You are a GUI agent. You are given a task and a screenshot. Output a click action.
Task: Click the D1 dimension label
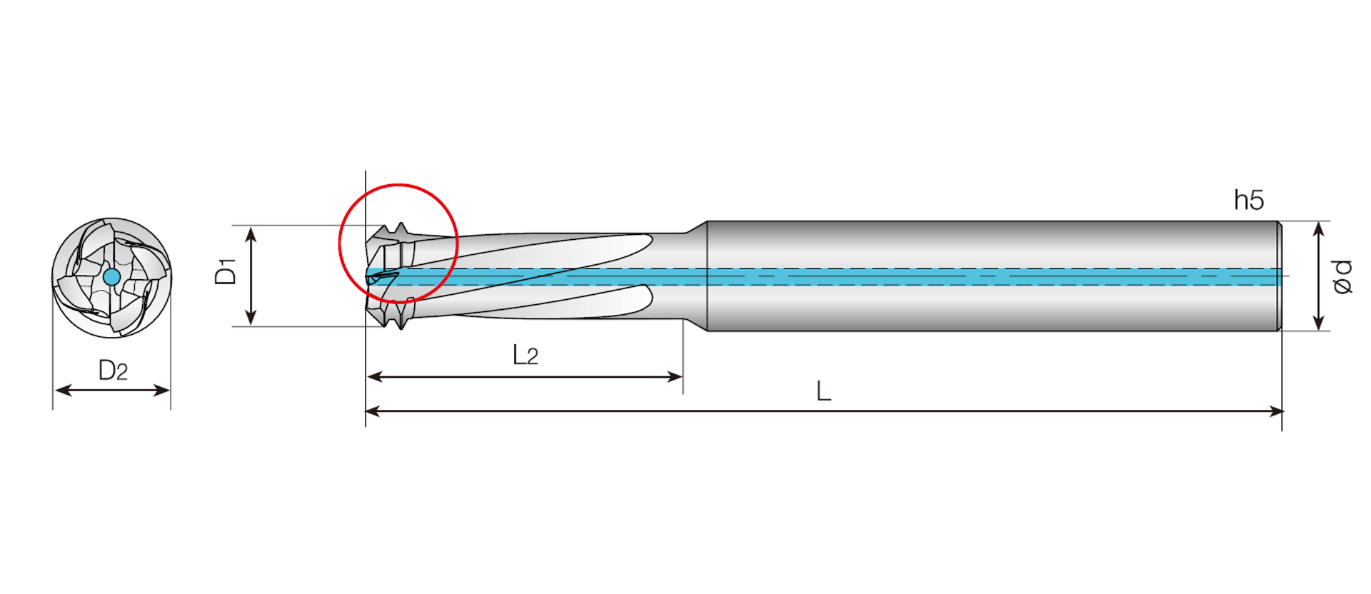pos(226,272)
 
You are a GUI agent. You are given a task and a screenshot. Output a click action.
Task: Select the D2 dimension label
pos(113,371)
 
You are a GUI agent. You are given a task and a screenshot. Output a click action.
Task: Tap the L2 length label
pos(526,355)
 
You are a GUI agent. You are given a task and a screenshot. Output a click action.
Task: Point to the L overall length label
pos(823,391)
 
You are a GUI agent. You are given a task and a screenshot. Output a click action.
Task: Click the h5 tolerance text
pos(1249,201)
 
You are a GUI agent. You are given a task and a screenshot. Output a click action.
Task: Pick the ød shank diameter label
pos(1342,277)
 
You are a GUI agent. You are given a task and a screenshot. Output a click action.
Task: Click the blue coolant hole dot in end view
pos(111,277)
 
